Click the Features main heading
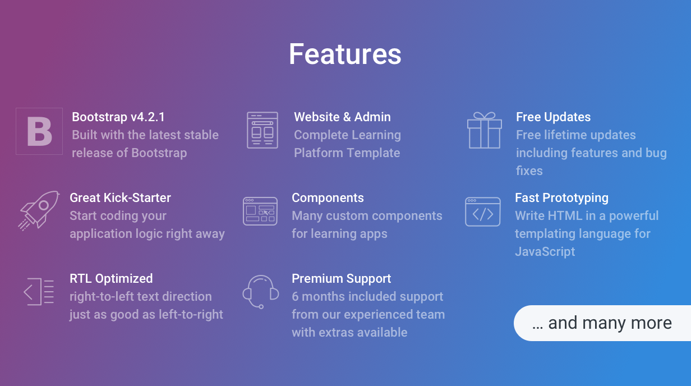click(345, 54)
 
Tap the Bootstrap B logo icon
click(39, 131)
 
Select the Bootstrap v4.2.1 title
click(118, 117)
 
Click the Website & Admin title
click(342, 117)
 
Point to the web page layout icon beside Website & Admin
click(262, 130)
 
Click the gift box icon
click(485, 130)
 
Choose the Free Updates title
click(553, 117)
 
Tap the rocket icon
click(39, 211)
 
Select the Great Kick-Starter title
click(120, 198)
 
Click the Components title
click(328, 198)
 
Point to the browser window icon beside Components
click(260, 212)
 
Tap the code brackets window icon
click(482, 212)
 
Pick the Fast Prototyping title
click(561, 198)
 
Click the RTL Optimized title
click(111, 279)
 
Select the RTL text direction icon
click(39, 292)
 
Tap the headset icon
click(261, 292)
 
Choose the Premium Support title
click(341, 279)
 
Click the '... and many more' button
click(602, 323)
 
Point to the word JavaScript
click(545, 251)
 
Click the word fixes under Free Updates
click(529, 171)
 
